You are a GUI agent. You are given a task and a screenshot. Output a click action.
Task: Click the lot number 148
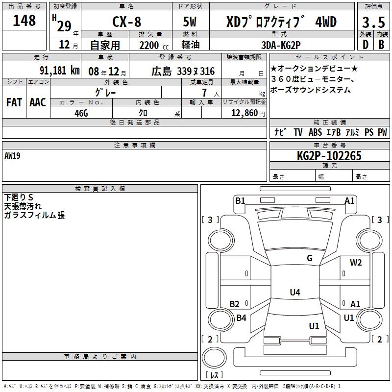24,20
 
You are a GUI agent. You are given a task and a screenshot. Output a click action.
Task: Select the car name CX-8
127,22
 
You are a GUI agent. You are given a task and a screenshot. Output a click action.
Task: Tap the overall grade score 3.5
373,22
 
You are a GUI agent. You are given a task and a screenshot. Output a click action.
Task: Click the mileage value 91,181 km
60,70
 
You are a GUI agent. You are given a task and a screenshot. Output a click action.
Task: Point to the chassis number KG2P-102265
329,156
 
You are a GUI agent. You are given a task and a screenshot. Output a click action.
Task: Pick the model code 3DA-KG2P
281,45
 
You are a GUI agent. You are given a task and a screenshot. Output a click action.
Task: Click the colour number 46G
81,113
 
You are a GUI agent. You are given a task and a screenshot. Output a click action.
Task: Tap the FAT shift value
14,102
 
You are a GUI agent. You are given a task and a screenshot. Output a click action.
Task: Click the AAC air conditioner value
38,102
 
